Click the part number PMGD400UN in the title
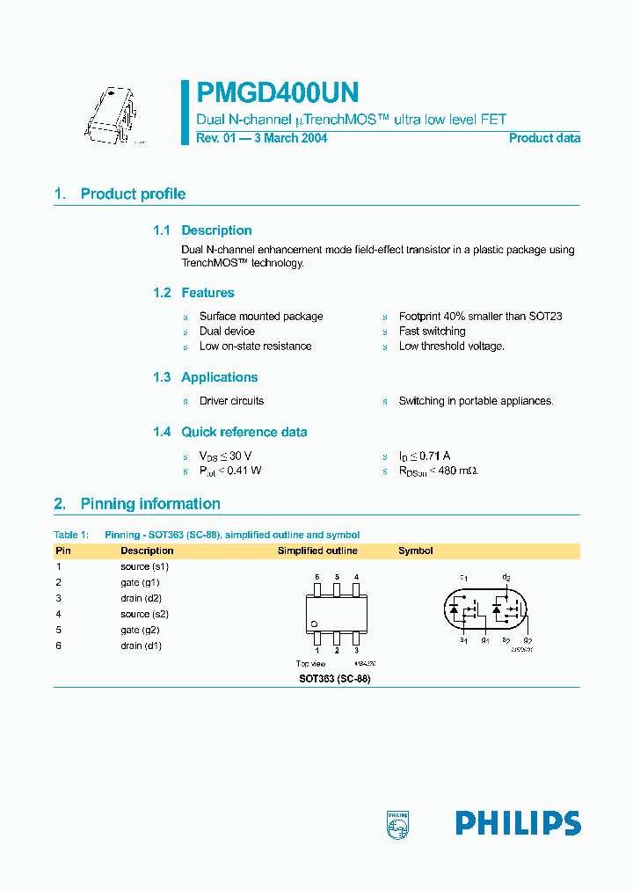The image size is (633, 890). (277, 93)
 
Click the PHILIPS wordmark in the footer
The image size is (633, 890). (518, 823)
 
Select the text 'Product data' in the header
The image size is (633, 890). (544, 138)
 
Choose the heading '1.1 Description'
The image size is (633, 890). (202, 230)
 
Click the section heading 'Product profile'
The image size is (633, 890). (133, 194)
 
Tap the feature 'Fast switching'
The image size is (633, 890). (432, 332)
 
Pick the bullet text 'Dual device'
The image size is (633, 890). (227, 332)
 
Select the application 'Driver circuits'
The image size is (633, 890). (231, 401)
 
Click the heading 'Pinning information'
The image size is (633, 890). (150, 504)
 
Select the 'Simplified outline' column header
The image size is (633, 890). (317, 551)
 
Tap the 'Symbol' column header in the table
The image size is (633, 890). (415, 551)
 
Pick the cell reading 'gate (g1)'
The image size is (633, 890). (140, 583)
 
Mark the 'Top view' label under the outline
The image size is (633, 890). (310, 664)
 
